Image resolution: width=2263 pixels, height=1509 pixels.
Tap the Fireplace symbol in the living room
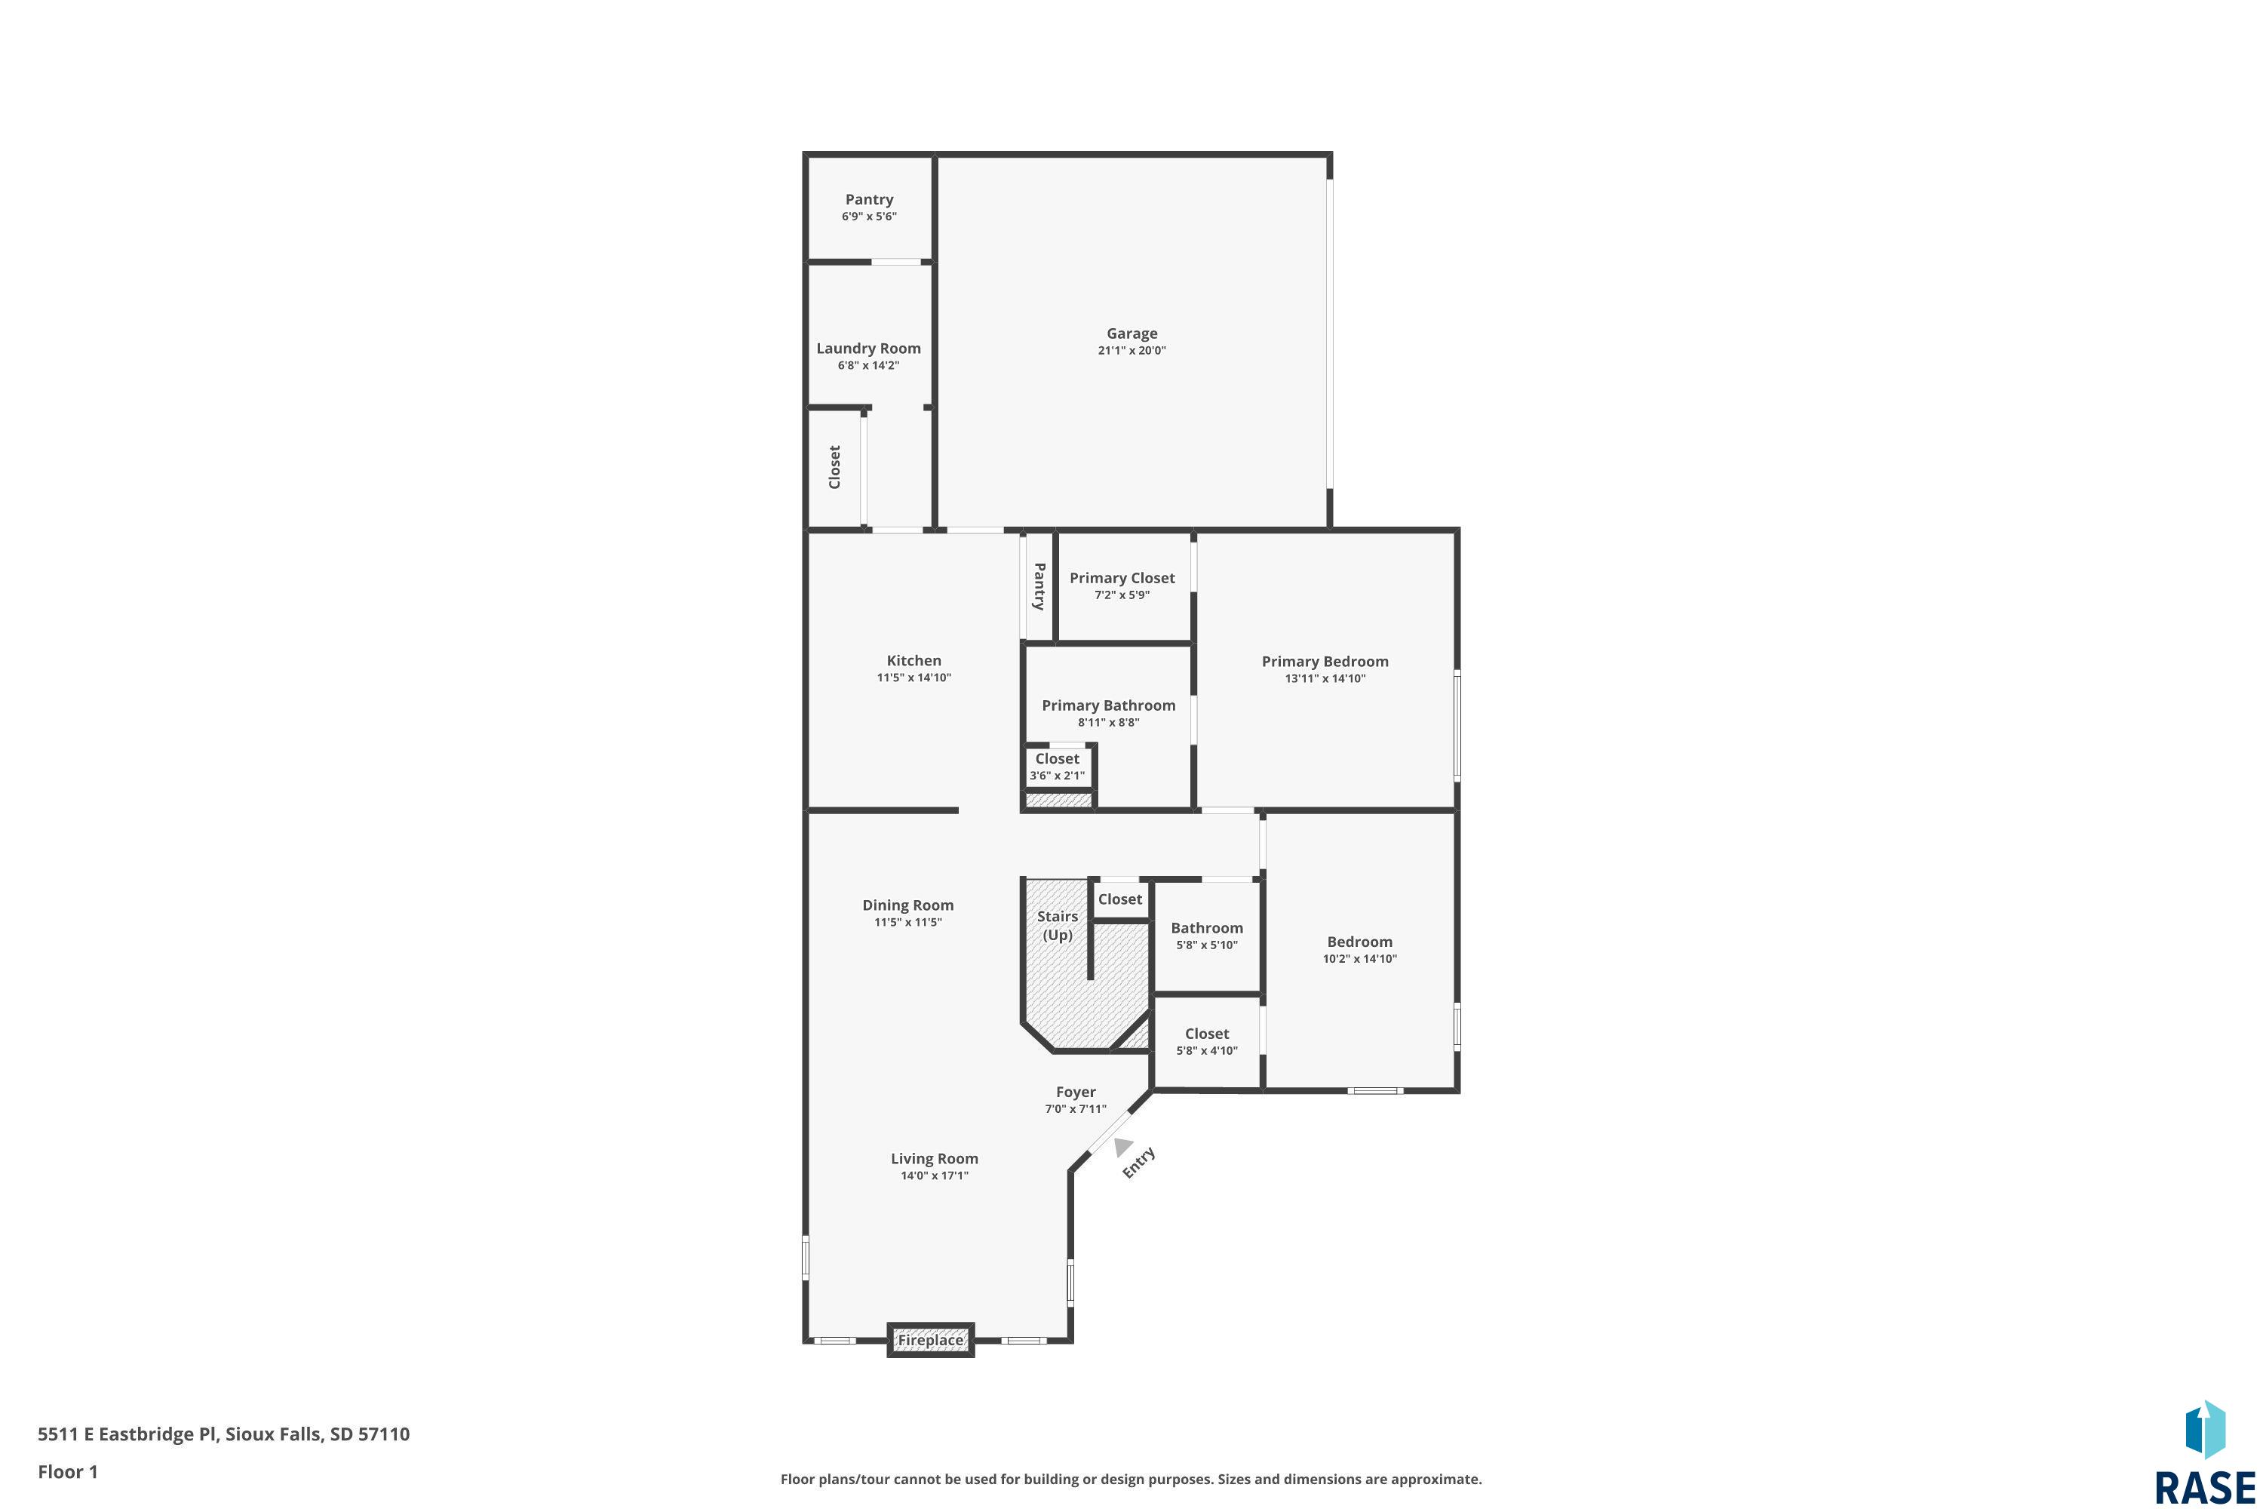point(930,1340)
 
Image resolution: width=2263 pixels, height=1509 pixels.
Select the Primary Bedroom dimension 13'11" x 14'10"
point(1325,678)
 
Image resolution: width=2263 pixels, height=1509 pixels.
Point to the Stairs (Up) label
point(1058,926)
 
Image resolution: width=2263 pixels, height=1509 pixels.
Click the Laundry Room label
point(869,349)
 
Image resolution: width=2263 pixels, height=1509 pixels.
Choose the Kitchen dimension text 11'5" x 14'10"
point(914,678)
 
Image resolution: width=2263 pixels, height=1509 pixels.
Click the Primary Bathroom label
point(1108,705)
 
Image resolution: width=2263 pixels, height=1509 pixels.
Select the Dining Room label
point(908,905)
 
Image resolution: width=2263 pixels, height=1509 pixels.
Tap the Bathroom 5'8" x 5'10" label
point(1206,936)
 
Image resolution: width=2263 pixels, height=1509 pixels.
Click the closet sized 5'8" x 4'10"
point(1206,1041)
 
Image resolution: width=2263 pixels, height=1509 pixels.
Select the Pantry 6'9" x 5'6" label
point(870,207)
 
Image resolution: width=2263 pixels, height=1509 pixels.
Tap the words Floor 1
point(67,1471)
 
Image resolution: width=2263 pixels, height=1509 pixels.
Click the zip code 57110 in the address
point(384,1434)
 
